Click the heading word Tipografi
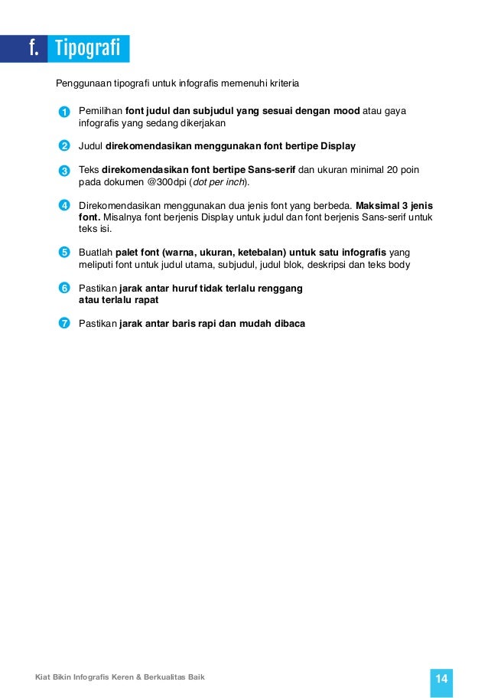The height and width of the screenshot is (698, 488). [x=89, y=48]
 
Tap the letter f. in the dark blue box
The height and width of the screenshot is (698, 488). [x=34, y=48]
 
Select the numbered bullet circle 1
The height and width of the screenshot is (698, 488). [x=64, y=113]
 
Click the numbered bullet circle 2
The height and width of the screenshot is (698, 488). [x=64, y=146]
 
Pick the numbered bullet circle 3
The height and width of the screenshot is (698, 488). [x=64, y=170]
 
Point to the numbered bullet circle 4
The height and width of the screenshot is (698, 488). [x=64, y=205]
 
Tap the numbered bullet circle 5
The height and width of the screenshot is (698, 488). [x=64, y=253]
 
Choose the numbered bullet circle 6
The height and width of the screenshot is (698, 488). [x=64, y=288]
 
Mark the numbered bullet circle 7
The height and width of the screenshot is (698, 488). [x=64, y=323]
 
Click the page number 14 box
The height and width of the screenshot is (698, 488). [x=441, y=679]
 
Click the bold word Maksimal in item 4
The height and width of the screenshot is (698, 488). [x=377, y=204]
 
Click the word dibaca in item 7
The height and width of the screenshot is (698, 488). [x=290, y=323]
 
